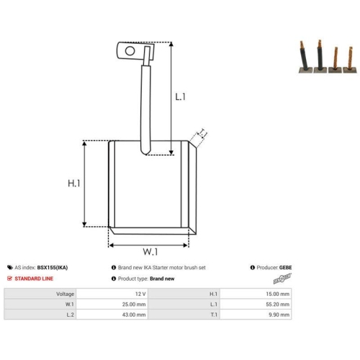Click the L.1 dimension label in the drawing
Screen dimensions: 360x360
click(x=180, y=96)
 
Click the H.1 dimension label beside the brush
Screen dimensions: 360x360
click(x=74, y=184)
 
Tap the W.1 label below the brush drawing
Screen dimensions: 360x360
click(x=150, y=252)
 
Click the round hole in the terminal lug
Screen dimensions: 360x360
click(x=130, y=51)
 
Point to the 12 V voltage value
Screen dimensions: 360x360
click(x=140, y=294)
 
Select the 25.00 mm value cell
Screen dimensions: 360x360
click(x=134, y=305)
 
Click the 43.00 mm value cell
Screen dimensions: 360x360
click(x=134, y=315)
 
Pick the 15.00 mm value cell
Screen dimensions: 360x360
click(x=278, y=294)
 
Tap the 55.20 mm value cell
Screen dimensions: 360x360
click(x=278, y=305)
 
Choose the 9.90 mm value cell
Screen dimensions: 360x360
click(x=279, y=315)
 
